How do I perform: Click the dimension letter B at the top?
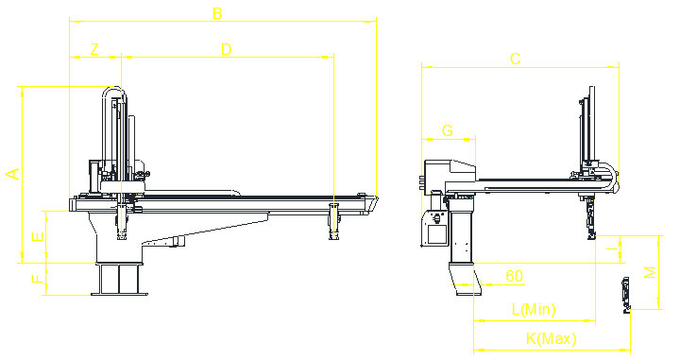click(217, 13)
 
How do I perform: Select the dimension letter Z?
click(93, 48)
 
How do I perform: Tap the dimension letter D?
click(225, 48)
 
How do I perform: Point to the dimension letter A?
click(12, 173)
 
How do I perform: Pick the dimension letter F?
click(36, 279)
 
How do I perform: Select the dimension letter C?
click(515, 59)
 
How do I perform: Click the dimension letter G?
click(448, 129)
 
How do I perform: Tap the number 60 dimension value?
click(514, 276)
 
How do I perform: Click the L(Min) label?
click(533, 309)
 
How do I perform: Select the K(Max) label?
click(551, 338)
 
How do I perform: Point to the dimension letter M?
click(650, 272)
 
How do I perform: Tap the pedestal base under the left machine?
click(120, 280)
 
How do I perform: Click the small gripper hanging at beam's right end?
click(332, 221)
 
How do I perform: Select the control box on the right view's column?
click(434, 228)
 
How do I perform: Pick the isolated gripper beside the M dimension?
click(626, 293)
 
